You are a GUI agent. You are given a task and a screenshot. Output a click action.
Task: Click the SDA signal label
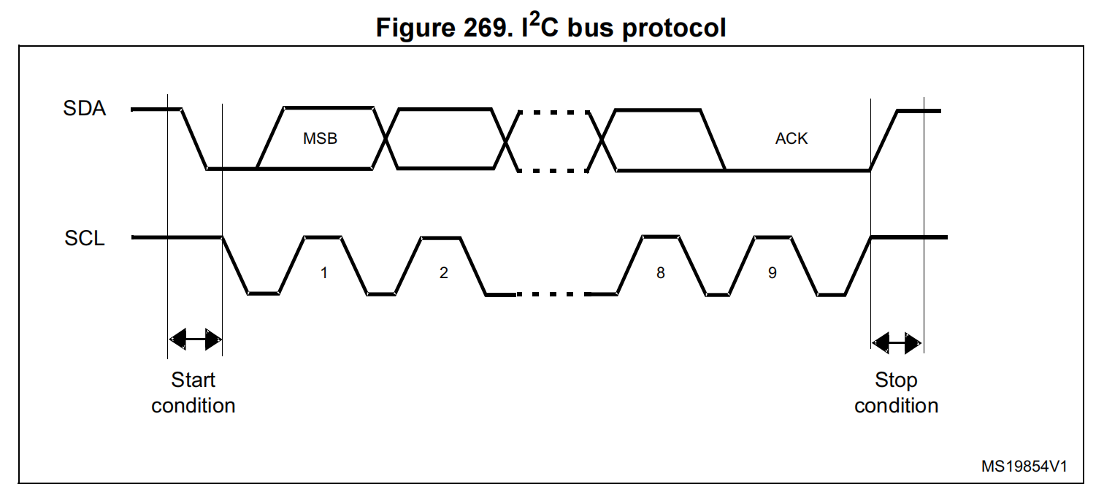point(85,110)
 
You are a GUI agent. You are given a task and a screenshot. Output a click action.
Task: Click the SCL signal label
point(85,238)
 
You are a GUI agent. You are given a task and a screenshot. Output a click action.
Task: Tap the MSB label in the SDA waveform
point(321,139)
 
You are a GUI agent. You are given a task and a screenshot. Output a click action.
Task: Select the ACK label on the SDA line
point(791,139)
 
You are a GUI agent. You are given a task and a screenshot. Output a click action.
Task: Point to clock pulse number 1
point(323,273)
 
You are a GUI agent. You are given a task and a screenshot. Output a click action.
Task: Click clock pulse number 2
point(443,273)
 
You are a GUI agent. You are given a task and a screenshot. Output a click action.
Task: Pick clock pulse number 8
point(661,273)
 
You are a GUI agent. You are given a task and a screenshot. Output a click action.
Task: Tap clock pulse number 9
point(773,273)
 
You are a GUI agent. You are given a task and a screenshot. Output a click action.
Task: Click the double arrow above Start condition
point(194,339)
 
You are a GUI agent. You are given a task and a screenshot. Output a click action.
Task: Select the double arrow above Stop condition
point(897,341)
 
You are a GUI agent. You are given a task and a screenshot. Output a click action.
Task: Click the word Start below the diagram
point(193,380)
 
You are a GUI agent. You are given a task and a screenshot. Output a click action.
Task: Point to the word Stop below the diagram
point(897,380)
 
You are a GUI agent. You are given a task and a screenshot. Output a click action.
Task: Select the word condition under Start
point(193,406)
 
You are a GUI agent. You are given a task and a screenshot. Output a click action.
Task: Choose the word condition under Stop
point(897,406)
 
